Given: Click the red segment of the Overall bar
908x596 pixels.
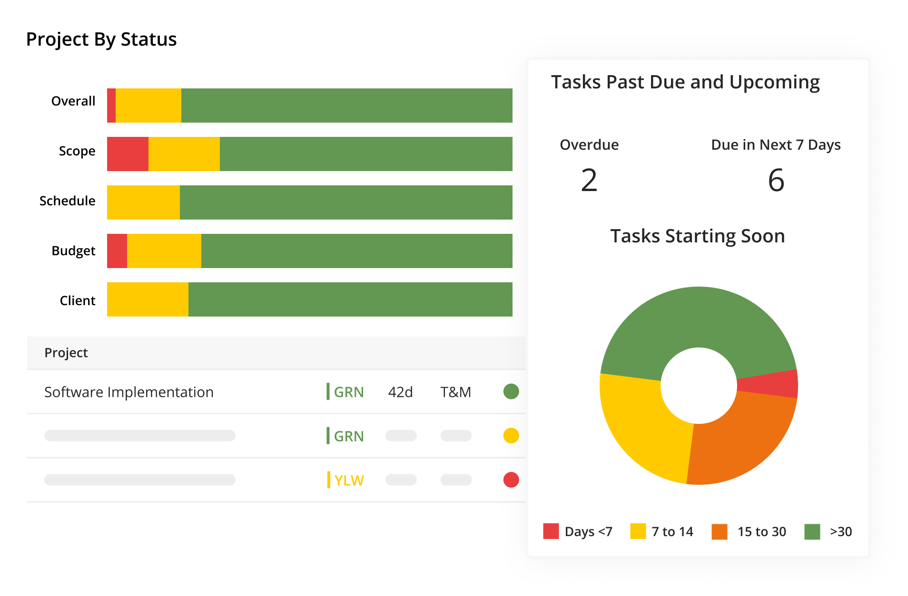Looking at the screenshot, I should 111,106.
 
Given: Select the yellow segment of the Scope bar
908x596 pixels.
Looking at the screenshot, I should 184,154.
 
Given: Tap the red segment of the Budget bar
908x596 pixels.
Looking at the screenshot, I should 117,251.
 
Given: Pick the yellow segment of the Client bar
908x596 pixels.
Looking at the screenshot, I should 148,299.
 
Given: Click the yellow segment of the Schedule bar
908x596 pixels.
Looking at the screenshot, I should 143,202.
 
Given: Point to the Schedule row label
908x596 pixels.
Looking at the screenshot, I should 67,201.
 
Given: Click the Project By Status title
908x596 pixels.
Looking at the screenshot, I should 101,39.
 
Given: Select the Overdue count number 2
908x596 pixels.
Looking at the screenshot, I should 589,181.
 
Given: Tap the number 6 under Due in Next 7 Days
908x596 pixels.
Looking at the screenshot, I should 776,181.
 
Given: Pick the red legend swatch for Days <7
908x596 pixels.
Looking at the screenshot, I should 551,531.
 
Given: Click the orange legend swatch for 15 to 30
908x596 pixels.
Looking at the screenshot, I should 719,531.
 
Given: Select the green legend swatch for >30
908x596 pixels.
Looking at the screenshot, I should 812,531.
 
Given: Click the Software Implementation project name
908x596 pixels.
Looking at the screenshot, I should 129,392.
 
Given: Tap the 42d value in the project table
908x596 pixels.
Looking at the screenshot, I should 400,392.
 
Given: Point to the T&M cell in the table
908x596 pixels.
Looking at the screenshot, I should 455,392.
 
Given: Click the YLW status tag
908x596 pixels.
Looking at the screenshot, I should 348,481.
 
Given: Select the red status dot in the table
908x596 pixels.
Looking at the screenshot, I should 511,480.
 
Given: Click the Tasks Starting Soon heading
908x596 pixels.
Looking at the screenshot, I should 698,236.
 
